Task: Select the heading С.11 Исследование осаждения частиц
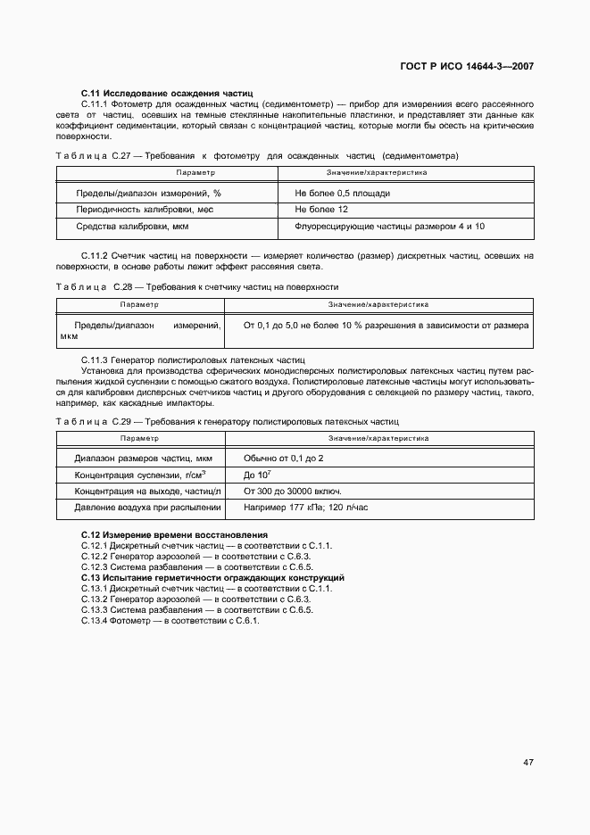click(x=167, y=93)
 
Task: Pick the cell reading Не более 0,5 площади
click(x=342, y=193)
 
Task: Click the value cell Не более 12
click(x=321, y=210)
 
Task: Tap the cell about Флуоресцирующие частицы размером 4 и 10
click(x=389, y=227)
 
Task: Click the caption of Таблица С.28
click(x=196, y=287)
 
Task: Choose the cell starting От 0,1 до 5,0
click(x=386, y=326)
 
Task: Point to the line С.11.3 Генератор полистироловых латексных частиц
click(x=193, y=359)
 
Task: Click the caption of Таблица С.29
click(x=227, y=420)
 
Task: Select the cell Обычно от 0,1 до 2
click(x=284, y=458)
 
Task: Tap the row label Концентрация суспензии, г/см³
click(x=140, y=475)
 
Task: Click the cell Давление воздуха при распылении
click(x=147, y=508)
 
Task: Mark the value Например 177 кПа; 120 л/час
click(x=306, y=508)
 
